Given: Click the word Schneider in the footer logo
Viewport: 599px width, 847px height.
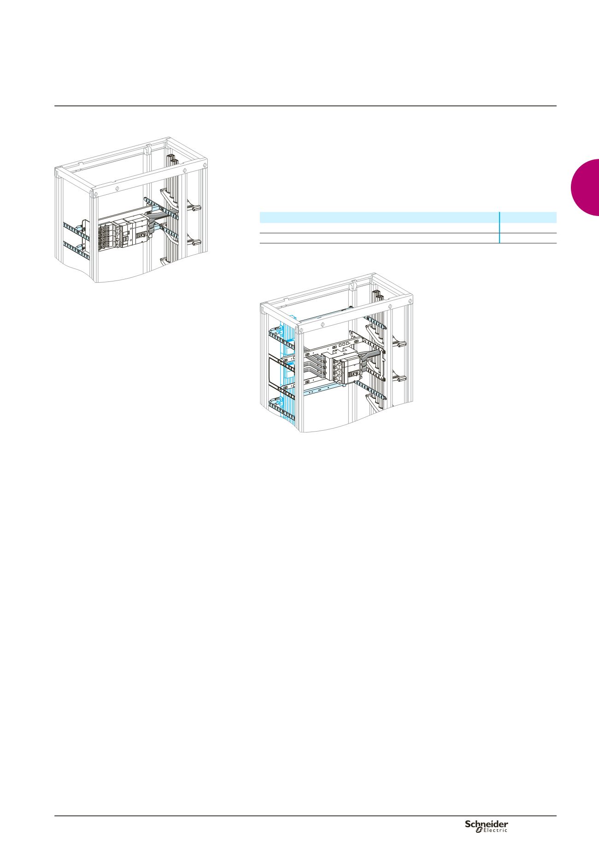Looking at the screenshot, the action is click(487, 824).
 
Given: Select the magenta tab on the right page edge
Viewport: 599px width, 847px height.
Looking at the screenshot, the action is click(585, 187).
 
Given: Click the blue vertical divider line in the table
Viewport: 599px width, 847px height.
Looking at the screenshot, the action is click(499, 228).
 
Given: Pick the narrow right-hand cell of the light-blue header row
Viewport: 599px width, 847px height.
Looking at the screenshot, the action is click(529, 217).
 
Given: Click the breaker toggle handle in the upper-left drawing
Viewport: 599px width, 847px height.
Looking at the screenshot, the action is click(141, 235).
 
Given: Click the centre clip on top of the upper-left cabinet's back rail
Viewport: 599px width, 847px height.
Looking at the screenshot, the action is click(147, 150).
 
